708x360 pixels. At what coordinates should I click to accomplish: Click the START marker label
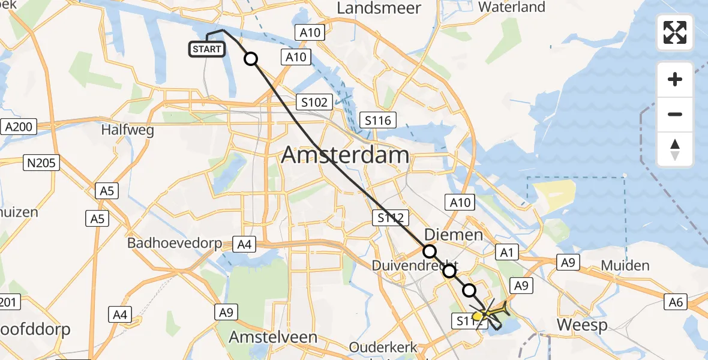pyautogui.click(x=208, y=49)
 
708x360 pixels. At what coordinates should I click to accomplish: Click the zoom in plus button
pyautogui.click(x=675, y=79)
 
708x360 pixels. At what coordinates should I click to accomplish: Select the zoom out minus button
pyautogui.click(x=675, y=114)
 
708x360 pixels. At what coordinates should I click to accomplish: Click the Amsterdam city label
pyautogui.click(x=345, y=155)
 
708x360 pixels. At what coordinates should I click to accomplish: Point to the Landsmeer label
pyautogui.click(x=379, y=8)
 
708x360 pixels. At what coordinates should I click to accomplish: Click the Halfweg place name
pyautogui.click(x=127, y=130)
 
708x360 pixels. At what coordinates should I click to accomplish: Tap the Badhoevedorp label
pyautogui.click(x=175, y=244)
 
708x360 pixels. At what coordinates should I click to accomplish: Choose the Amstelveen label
pyautogui.click(x=273, y=337)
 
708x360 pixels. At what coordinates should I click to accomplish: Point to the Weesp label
pyautogui.click(x=582, y=325)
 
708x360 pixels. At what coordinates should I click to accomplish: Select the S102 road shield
pyautogui.click(x=314, y=102)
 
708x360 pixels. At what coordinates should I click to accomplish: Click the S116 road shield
pyautogui.click(x=378, y=121)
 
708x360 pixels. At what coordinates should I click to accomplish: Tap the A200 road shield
pyautogui.click(x=19, y=127)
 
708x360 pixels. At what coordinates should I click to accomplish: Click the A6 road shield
pyautogui.click(x=676, y=302)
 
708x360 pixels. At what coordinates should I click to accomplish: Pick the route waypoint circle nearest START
pyautogui.click(x=251, y=59)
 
